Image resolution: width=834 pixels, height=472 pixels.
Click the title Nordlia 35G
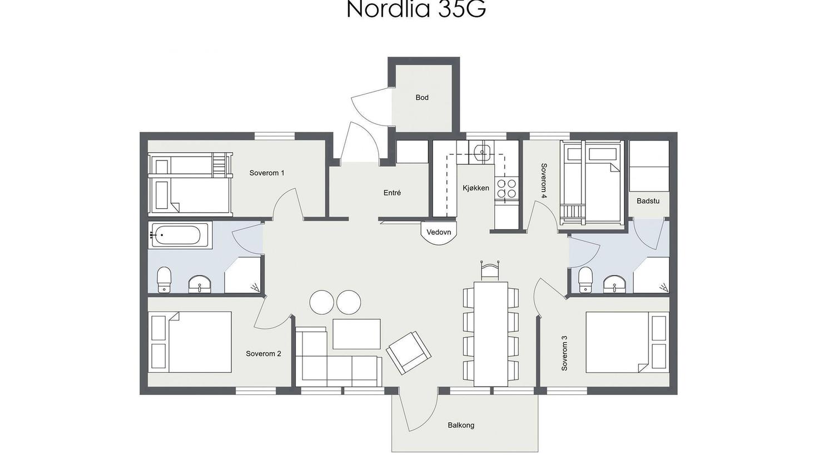(x=416, y=9)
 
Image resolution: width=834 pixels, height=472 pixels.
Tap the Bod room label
(x=422, y=98)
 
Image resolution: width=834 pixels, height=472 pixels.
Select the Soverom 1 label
(x=266, y=173)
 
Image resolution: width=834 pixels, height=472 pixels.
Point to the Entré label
(x=392, y=193)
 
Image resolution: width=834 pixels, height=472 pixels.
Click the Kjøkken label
(x=476, y=188)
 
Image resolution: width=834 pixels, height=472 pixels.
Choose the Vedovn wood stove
(x=439, y=233)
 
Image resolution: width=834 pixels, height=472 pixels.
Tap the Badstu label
(x=648, y=201)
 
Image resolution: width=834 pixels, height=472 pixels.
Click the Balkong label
(x=461, y=425)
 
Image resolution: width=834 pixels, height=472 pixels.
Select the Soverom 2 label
(x=264, y=354)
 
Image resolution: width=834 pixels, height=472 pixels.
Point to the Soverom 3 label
(x=565, y=353)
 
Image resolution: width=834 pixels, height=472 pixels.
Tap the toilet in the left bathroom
(x=164, y=279)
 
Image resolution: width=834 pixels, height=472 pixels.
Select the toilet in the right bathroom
(x=585, y=279)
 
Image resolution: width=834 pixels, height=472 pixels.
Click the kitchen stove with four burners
(x=507, y=189)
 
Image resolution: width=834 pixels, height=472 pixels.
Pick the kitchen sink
(x=481, y=150)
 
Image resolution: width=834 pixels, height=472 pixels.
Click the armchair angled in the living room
(x=409, y=353)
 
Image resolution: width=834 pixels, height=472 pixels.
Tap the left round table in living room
(x=321, y=302)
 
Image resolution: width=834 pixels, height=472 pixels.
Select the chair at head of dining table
(x=490, y=270)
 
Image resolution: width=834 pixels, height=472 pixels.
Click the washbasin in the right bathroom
(x=615, y=284)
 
